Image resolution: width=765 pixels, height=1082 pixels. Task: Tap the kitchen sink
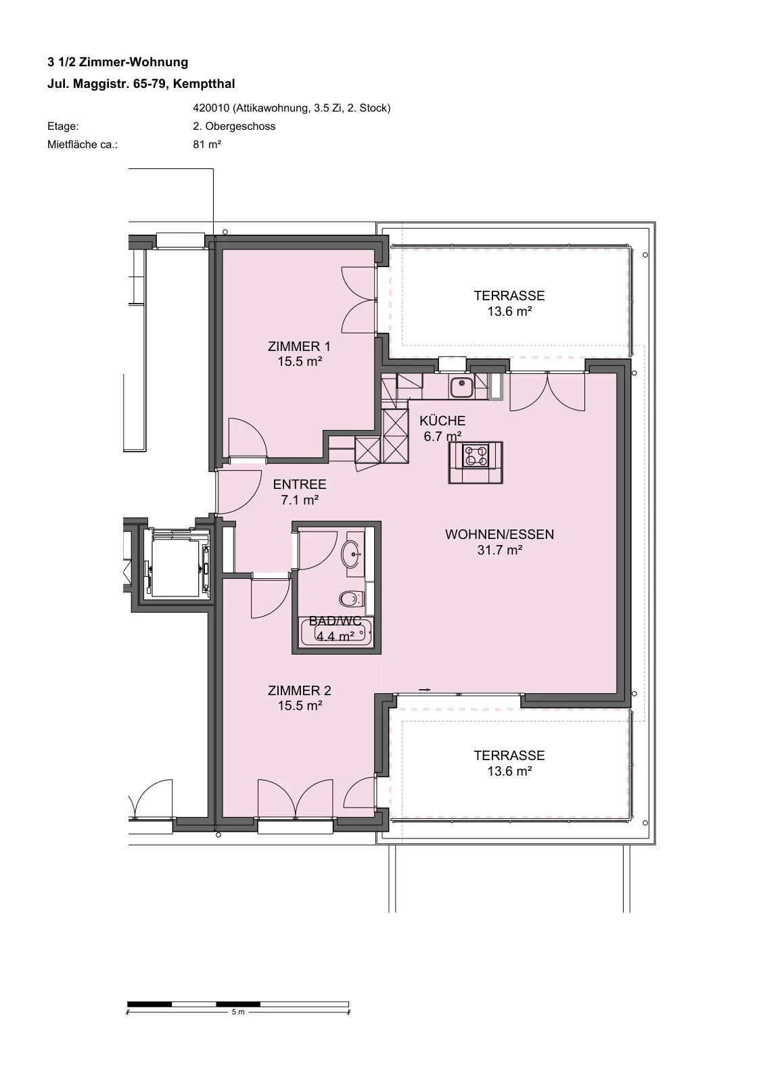(461, 387)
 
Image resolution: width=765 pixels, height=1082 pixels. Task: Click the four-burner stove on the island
(476, 456)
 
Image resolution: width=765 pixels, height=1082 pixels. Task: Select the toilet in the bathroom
(351, 599)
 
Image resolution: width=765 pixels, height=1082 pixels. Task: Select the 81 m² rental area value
(207, 145)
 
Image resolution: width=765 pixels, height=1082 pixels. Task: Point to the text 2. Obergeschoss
(234, 126)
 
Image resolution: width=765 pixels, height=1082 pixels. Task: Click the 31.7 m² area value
(500, 550)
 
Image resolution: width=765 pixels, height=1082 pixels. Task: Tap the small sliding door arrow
(424, 690)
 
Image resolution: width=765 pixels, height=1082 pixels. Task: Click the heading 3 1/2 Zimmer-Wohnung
(118, 62)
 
